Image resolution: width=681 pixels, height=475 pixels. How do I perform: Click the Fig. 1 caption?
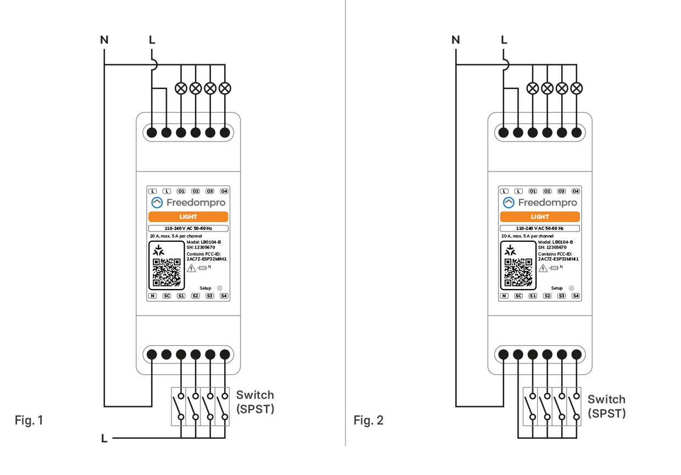pyautogui.click(x=28, y=421)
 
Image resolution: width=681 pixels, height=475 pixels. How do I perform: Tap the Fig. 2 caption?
pyautogui.click(x=369, y=421)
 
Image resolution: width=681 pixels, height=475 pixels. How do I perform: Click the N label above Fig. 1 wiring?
pyautogui.click(x=104, y=40)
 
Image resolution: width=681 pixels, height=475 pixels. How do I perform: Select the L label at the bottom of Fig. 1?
pyautogui.click(x=104, y=439)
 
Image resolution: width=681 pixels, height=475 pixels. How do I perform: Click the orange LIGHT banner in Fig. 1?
pyautogui.click(x=188, y=217)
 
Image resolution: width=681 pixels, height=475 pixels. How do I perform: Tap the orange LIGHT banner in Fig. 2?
pyautogui.click(x=540, y=217)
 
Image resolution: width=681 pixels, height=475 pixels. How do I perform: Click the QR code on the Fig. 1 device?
pyautogui.click(x=167, y=273)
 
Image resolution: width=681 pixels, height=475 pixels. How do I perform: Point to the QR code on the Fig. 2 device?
pyautogui.click(x=518, y=273)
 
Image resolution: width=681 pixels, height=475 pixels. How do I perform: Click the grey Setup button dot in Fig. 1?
pyautogui.click(x=220, y=288)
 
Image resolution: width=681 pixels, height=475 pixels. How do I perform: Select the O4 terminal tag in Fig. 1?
pyautogui.click(x=224, y=191)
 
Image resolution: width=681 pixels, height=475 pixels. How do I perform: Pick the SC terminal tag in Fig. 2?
pyautogui.click(x=518, y=296)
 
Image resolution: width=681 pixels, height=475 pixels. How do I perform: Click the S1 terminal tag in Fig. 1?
pyautogui.click(x=181, y=296)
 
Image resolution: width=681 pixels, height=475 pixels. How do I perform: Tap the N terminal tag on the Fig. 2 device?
pyautogui.click(x=504, y=296)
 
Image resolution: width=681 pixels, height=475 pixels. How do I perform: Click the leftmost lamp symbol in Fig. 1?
pyautogui.click(x=181, y=88)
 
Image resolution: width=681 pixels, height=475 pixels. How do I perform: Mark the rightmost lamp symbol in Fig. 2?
pyautogui.click(x=576, y=88)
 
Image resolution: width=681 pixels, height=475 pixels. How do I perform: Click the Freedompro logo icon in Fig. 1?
pyautogui.click(x=157, y=203)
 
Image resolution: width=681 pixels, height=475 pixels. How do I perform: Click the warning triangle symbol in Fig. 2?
pyautogui.click(x=543, y=268)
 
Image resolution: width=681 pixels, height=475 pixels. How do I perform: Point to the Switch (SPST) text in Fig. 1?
pyautogui.click(x=255, y=402)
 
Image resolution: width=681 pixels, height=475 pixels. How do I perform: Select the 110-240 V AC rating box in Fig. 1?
pyautogui.click(x=188, y=228)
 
